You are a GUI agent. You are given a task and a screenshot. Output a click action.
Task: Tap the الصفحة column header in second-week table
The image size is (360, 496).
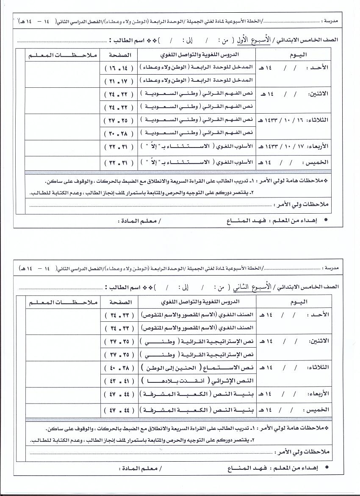(120, 302)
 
